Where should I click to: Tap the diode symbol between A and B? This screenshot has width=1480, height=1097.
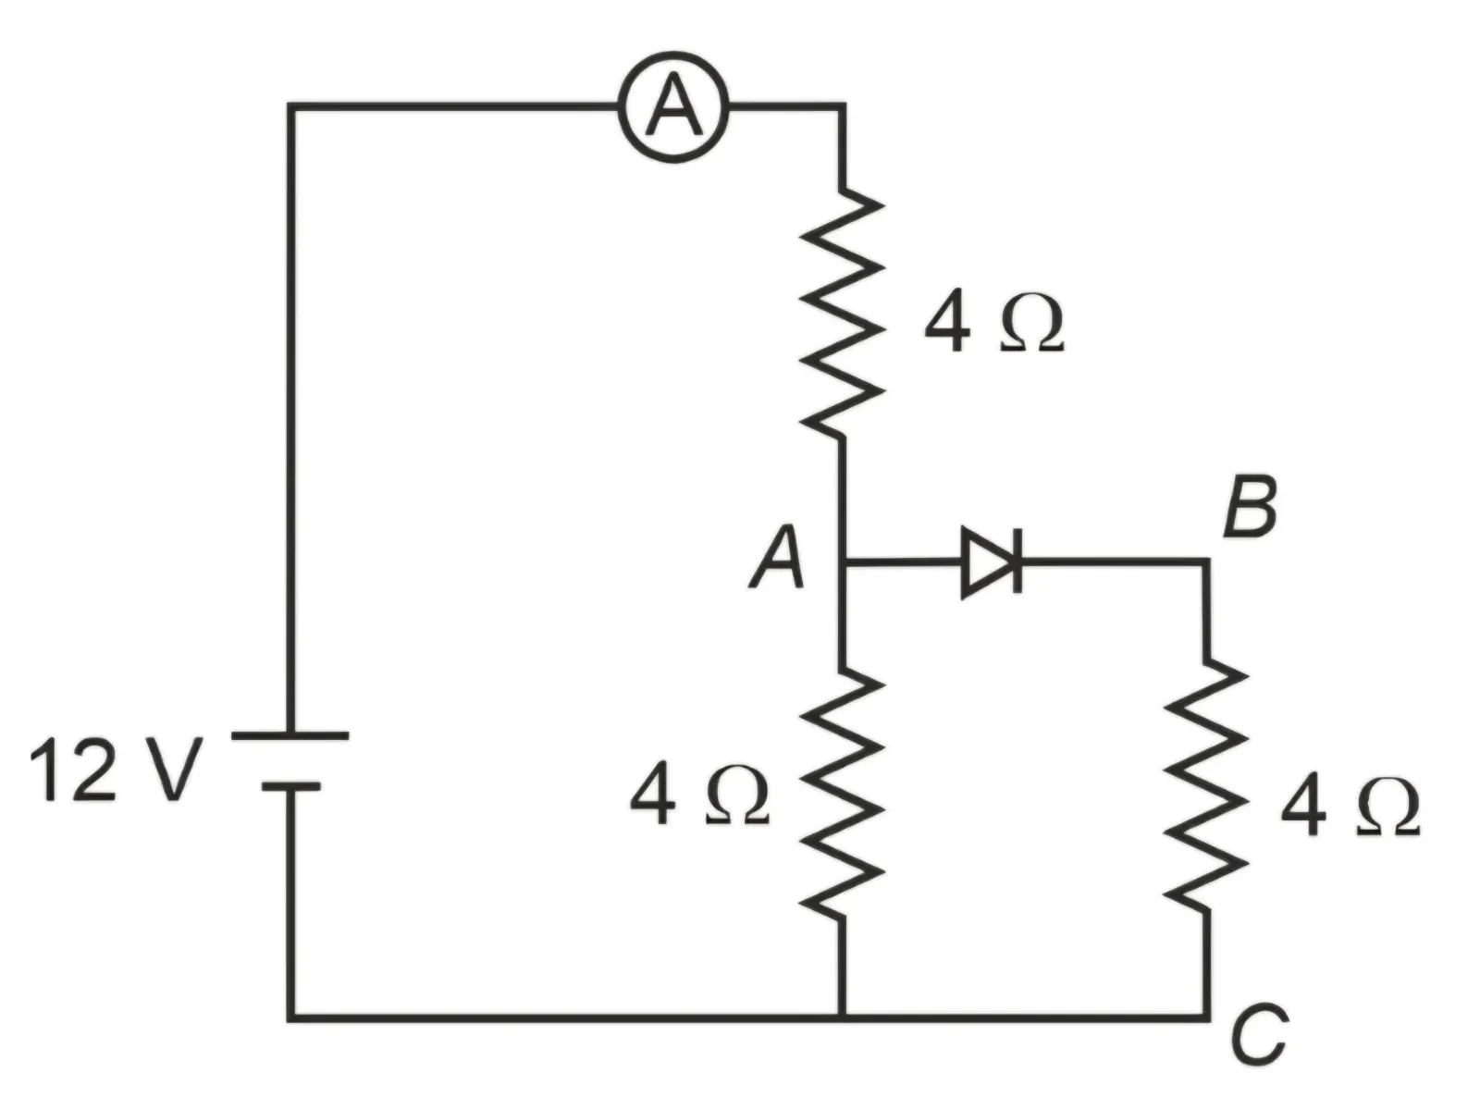991,562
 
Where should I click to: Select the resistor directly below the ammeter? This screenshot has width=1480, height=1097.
842,313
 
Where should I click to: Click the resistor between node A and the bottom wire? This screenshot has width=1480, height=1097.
842,794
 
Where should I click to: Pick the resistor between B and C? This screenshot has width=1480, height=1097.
1206,787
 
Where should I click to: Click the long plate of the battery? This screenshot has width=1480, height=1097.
290,736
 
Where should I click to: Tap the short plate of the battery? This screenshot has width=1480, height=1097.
290,787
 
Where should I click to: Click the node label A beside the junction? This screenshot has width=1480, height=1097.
777,558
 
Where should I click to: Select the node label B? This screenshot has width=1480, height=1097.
1251,507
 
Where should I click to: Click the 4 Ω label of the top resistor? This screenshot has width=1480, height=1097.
993,322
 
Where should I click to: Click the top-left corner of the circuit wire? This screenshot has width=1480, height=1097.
291,106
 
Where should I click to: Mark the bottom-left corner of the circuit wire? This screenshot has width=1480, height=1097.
291,1017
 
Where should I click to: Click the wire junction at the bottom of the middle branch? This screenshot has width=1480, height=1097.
842,1017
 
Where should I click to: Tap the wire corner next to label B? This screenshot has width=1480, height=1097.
1206,562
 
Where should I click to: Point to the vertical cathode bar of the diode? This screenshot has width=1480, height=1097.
1017,561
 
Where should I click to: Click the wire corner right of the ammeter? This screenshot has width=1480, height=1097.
842,106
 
